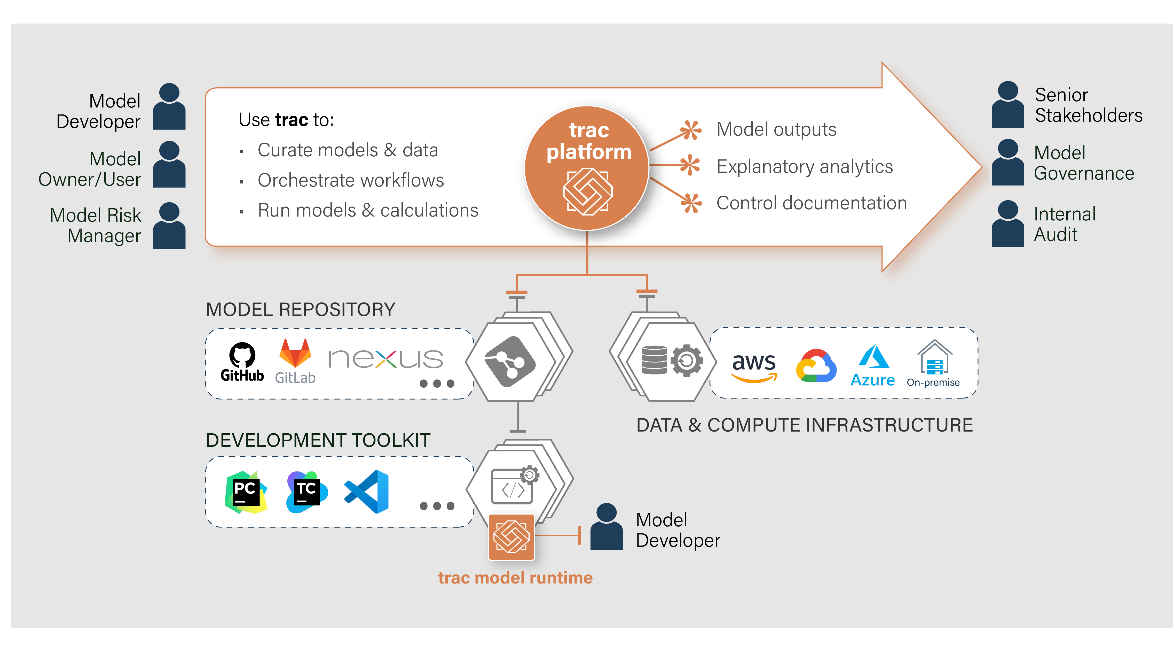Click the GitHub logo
(242, 362)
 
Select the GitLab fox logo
(295, 353)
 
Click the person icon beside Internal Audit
(1007, 224)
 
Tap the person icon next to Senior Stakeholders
(1007, 105)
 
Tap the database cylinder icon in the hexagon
(654, 360)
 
